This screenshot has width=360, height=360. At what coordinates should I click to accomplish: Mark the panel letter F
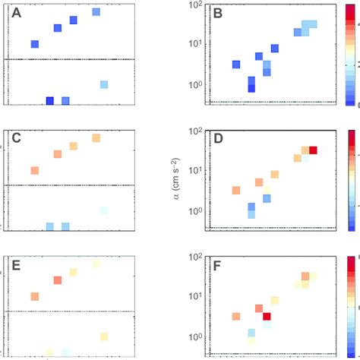pyautogui.click(x=218, y=264)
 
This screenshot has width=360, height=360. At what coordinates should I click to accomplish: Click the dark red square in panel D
pyautogui.click(x=313, y=150)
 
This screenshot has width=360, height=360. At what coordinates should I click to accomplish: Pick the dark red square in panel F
pyautogui.click(x=267, y=316)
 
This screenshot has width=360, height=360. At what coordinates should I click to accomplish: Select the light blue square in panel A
pyautogui.click(x=104, y=84)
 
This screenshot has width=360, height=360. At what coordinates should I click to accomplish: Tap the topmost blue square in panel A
pyautogui.click(x=96, y=12)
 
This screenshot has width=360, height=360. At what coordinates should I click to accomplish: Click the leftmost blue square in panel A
pyautogui.click(x=34, y=44)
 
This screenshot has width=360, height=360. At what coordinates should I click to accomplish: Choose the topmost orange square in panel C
pyautogui.click(x=96, y=138)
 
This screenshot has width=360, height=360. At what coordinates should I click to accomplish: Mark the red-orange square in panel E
pyautogui.click(x=57, y=280)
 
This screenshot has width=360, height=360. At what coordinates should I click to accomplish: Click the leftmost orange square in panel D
pyautogui.click(x=236, y=190)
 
